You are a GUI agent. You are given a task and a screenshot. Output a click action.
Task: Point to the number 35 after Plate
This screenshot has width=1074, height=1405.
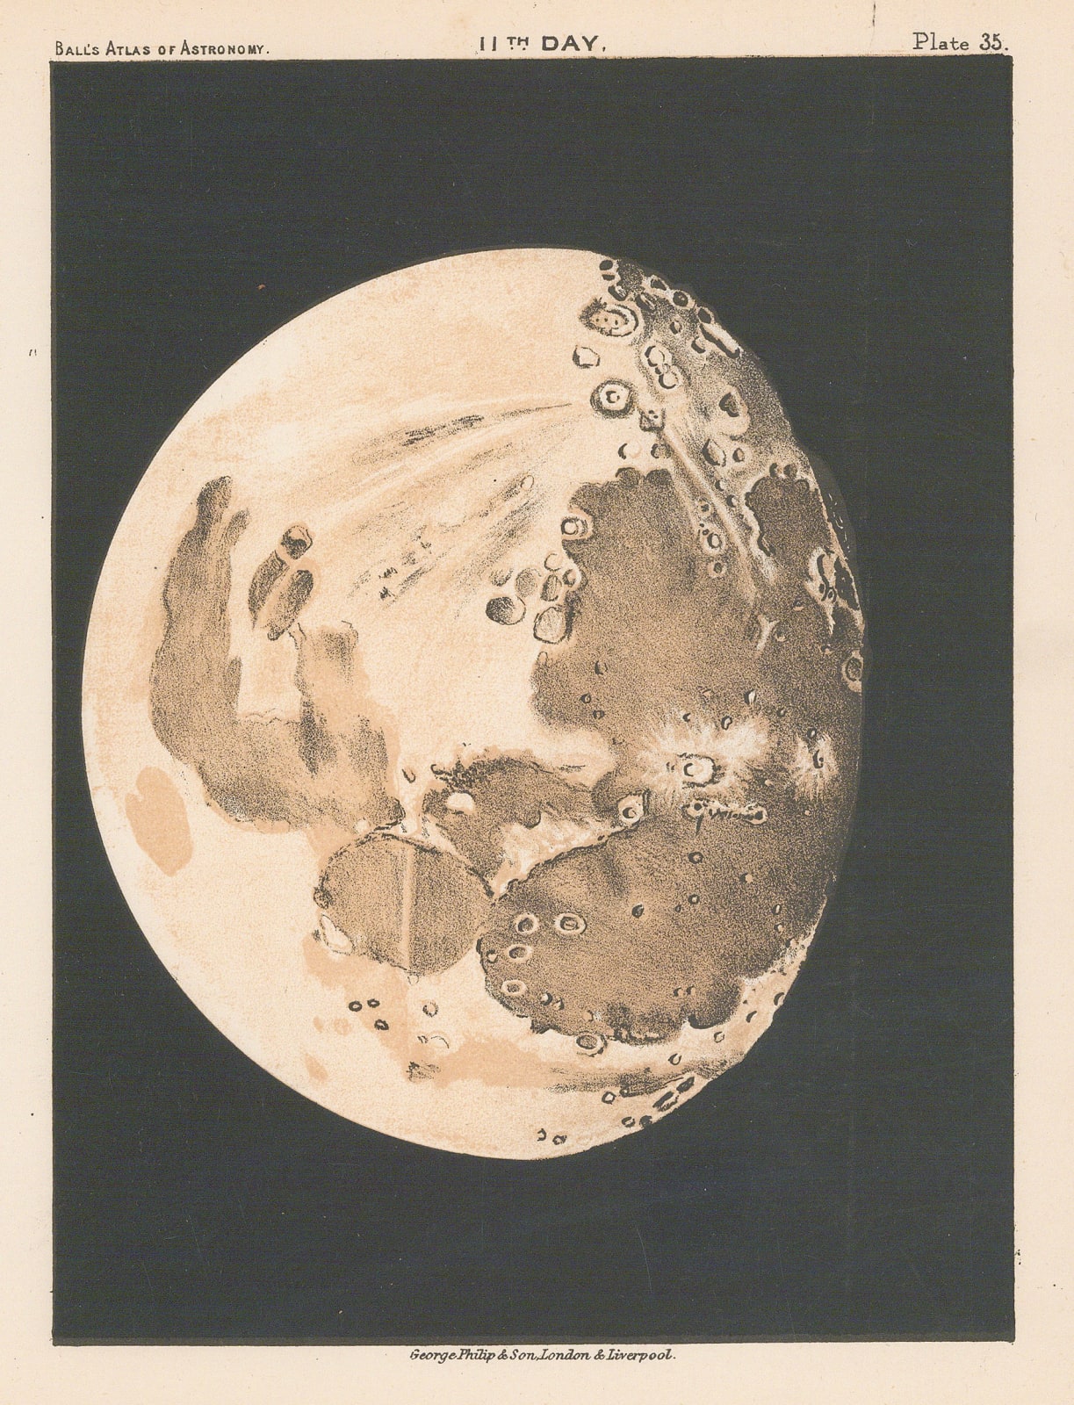point(992,42)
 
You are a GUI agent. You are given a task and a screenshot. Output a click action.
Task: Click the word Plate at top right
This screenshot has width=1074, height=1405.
point(941,42)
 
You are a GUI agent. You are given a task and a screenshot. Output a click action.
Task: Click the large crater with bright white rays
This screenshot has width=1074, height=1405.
point(696,769)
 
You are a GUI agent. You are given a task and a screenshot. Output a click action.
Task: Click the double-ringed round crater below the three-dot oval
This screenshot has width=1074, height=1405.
point(610,399)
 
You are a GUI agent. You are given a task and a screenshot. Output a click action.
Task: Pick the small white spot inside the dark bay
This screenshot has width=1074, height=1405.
point(460,800)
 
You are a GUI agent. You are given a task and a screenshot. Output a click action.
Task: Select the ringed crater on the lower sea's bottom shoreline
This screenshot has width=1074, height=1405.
point(589,1042)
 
